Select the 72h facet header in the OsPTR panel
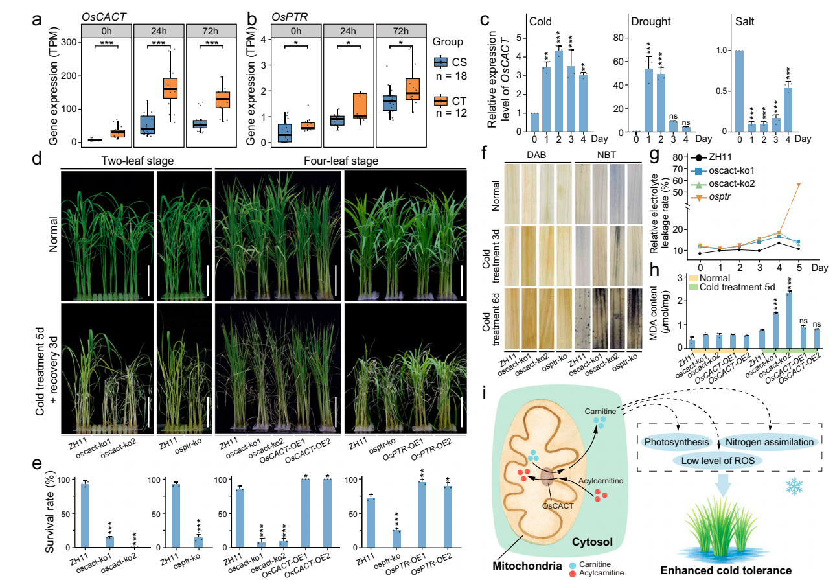401,30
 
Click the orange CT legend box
442,100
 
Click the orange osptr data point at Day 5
798,185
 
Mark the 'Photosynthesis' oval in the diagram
675,442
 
